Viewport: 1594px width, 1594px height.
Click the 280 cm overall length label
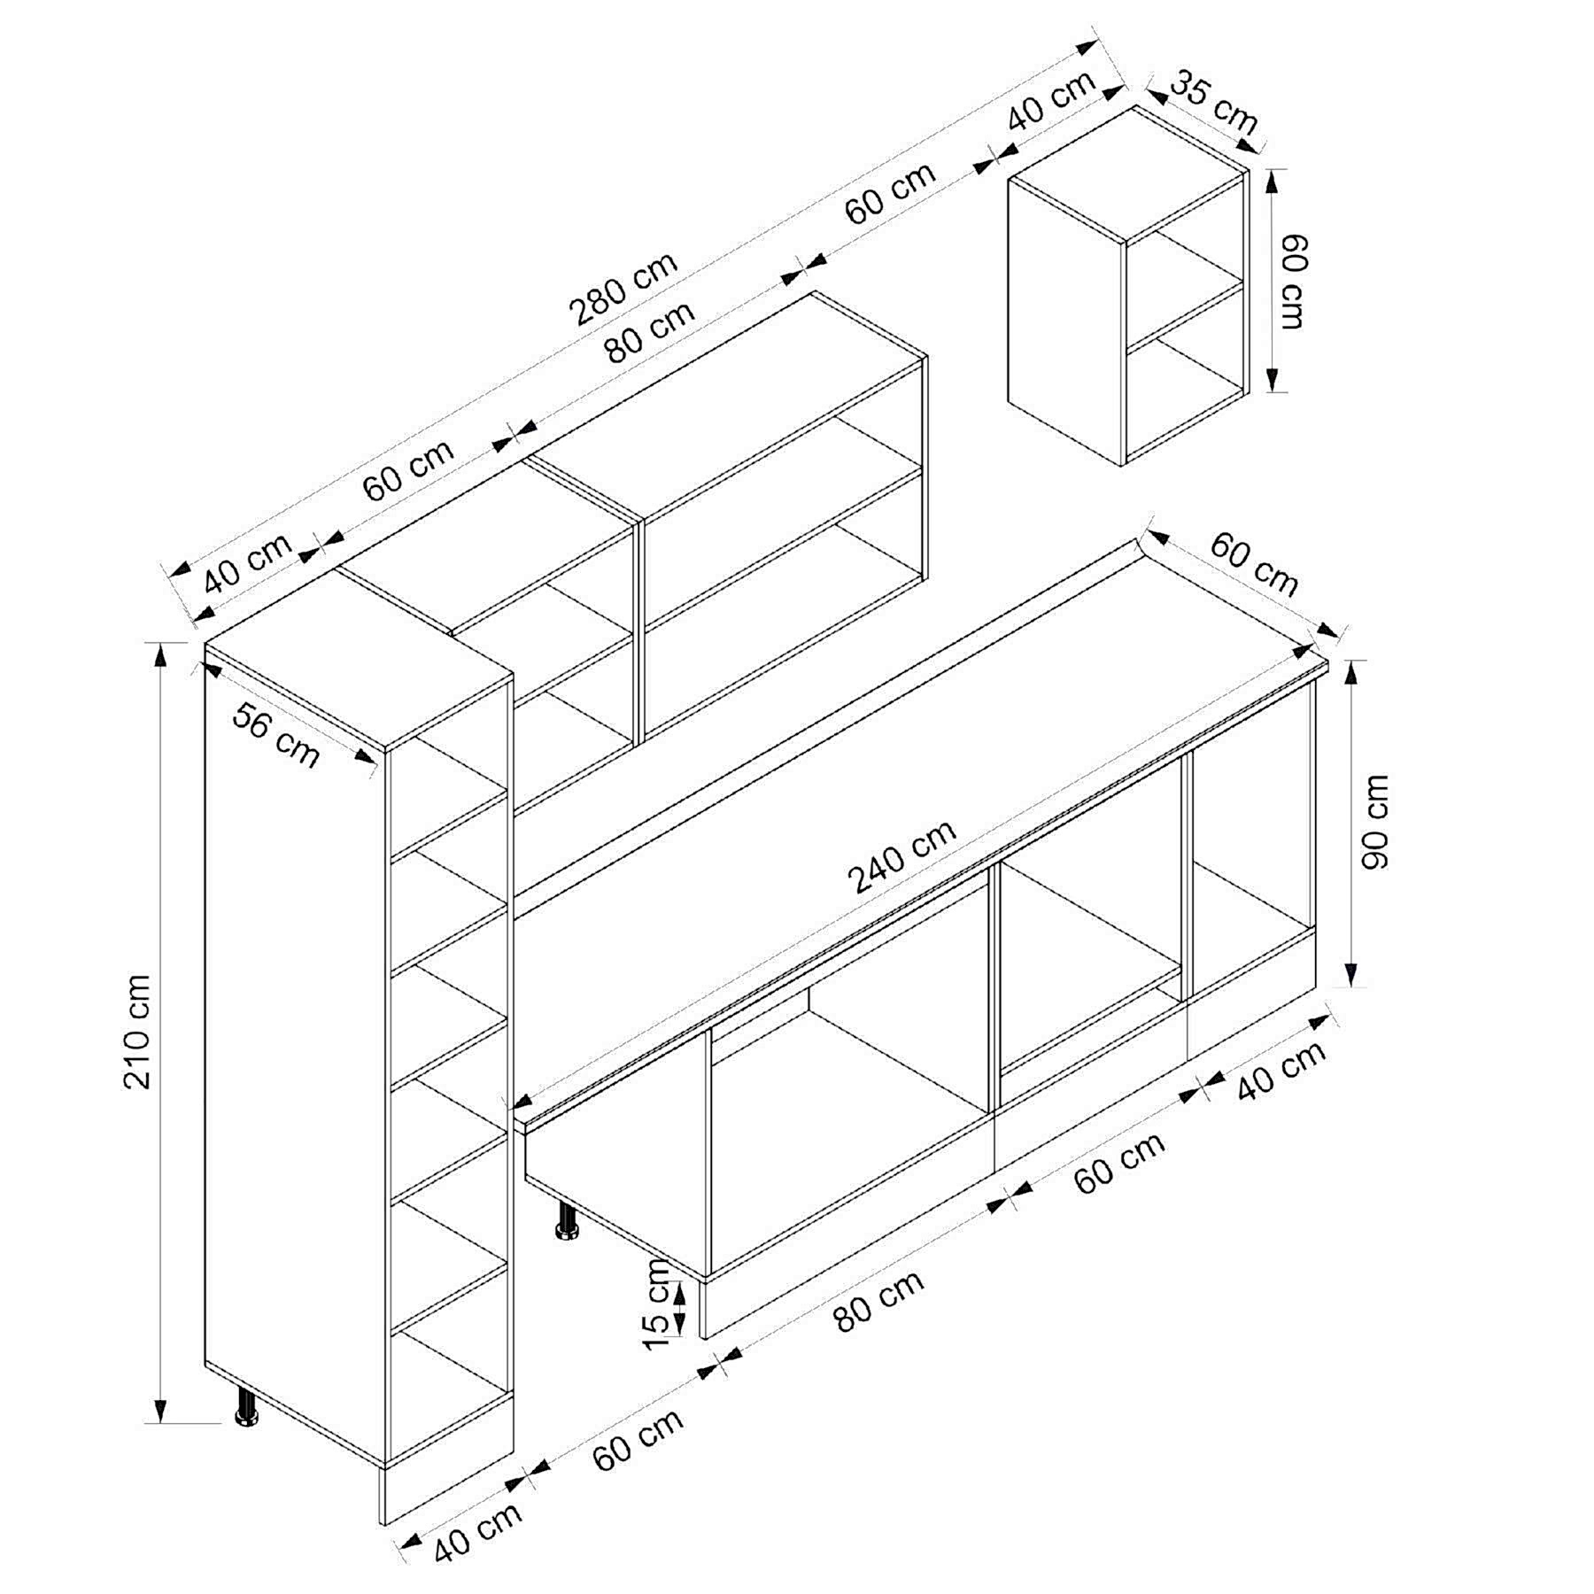tap(623, 287)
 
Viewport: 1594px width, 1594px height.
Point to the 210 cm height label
tap(138, 1032)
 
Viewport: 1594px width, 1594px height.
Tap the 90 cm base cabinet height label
tap(1376, 823)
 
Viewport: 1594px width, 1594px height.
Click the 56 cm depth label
tap(276, 736)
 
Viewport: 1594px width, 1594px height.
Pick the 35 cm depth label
tap(1214, 104)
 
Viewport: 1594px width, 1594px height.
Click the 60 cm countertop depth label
tap(1254, 563)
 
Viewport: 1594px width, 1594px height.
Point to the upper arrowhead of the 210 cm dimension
tap(160, 654)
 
